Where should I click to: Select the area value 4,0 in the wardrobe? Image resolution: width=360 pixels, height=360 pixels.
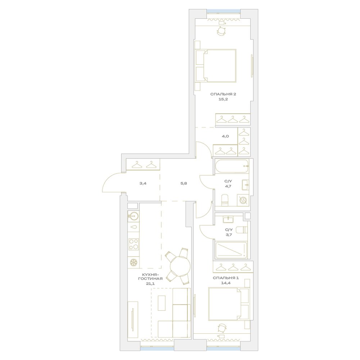[x=225, y=136]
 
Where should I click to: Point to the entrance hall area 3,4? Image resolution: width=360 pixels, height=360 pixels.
[x=143, y=184]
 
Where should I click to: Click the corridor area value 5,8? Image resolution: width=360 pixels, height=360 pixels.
[x=184, y=184]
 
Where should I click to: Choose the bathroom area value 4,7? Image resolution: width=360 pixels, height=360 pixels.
[x=228, y=186]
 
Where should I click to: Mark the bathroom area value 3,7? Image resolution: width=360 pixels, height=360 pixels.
[x=229, y=235]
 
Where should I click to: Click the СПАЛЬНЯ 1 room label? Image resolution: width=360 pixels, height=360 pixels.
[x=226, y=278]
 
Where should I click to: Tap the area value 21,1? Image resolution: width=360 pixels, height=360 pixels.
[x=150, y=284]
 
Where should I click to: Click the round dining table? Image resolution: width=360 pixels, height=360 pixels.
[x=180, y=266]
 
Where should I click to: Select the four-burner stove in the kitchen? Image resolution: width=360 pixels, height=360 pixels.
[x=134, y=244]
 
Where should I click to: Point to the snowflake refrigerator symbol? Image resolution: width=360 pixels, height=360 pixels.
[x=134, y=262]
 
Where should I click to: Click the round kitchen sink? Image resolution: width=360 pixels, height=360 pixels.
[x=133, y=216]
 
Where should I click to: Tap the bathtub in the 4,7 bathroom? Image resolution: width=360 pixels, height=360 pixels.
[x=231, y=166]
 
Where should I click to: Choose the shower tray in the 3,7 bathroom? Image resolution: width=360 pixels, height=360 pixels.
[x=231, y=250]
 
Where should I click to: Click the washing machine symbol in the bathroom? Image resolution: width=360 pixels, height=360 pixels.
[x=243, y=200]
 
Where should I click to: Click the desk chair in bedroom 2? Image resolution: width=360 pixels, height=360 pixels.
[x=221, y=31]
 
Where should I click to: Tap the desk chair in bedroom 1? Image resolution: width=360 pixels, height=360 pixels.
[x=222, y=328]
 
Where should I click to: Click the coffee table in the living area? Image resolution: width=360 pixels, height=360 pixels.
[x=162, y=303]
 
